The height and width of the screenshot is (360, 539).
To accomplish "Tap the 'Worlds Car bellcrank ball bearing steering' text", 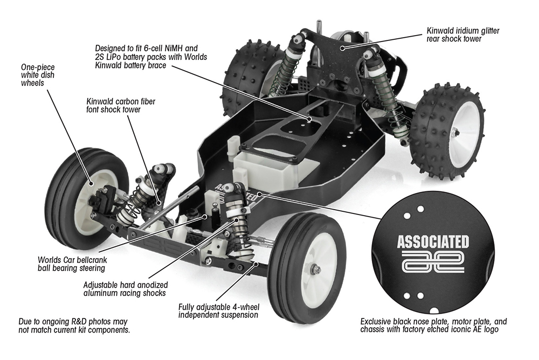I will pyautogui.click(x=72, y=263).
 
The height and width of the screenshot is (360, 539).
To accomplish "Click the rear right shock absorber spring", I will pyautogui.click(x=387, y=97).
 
